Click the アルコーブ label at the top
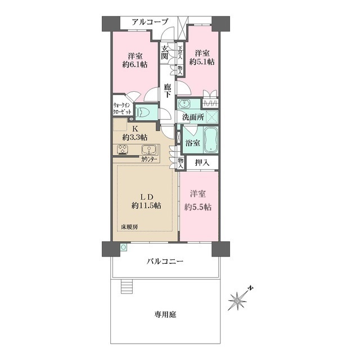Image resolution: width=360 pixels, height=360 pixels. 150,22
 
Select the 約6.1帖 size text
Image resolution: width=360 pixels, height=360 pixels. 135,65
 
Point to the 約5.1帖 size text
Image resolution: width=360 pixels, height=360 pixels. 202,63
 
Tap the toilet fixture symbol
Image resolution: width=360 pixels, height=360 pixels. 143,111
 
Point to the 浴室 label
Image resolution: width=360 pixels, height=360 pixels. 193,143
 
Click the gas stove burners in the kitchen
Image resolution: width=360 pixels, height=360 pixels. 124,150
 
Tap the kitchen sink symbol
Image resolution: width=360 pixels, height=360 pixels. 149,150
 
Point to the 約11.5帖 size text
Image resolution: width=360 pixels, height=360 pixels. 146,206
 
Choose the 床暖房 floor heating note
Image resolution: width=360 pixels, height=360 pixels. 129,227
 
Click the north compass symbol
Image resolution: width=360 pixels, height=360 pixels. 240,300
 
